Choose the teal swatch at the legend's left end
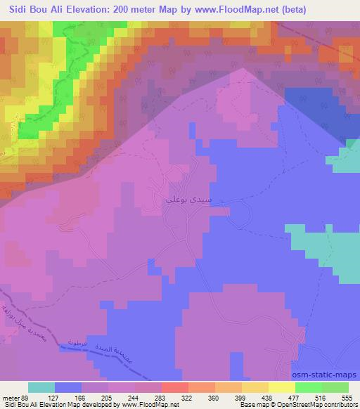[x=41, y=387]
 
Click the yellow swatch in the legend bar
[x=282, y=387]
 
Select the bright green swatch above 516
[x=309, y=387]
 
